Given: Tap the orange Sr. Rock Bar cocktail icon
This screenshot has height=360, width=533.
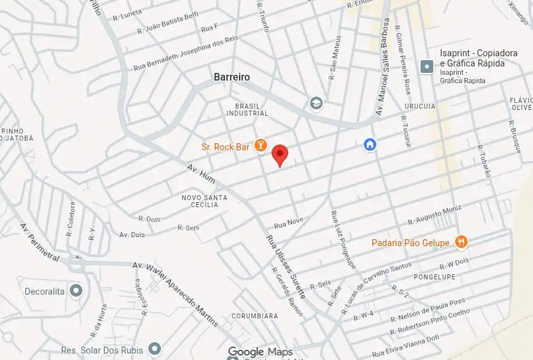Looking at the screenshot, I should [x=260, y=146].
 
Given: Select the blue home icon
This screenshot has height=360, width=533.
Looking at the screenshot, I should [x=369, y=145].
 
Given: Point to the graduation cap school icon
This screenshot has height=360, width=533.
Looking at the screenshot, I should [x=316, y=103].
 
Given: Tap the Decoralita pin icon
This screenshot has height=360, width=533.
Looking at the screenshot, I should [x=76, y=292].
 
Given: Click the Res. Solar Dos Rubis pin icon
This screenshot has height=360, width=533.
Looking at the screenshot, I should [x=154, y=349].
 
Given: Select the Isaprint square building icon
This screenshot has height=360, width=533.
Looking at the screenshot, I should [x=427, y=66].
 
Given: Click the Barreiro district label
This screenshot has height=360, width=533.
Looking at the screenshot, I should [x=231, y=77].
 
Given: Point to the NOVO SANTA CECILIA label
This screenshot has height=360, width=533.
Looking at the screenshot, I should [x=204, y=201].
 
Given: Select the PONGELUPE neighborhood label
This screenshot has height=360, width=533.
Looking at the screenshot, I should [x=435, y=277].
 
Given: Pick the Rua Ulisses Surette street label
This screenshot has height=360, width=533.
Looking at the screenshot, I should [x=286, y=267].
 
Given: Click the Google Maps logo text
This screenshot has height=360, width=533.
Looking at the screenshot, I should [x=260, y=352].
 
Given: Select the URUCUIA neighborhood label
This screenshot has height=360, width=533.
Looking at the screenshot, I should [x=420, y=106].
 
